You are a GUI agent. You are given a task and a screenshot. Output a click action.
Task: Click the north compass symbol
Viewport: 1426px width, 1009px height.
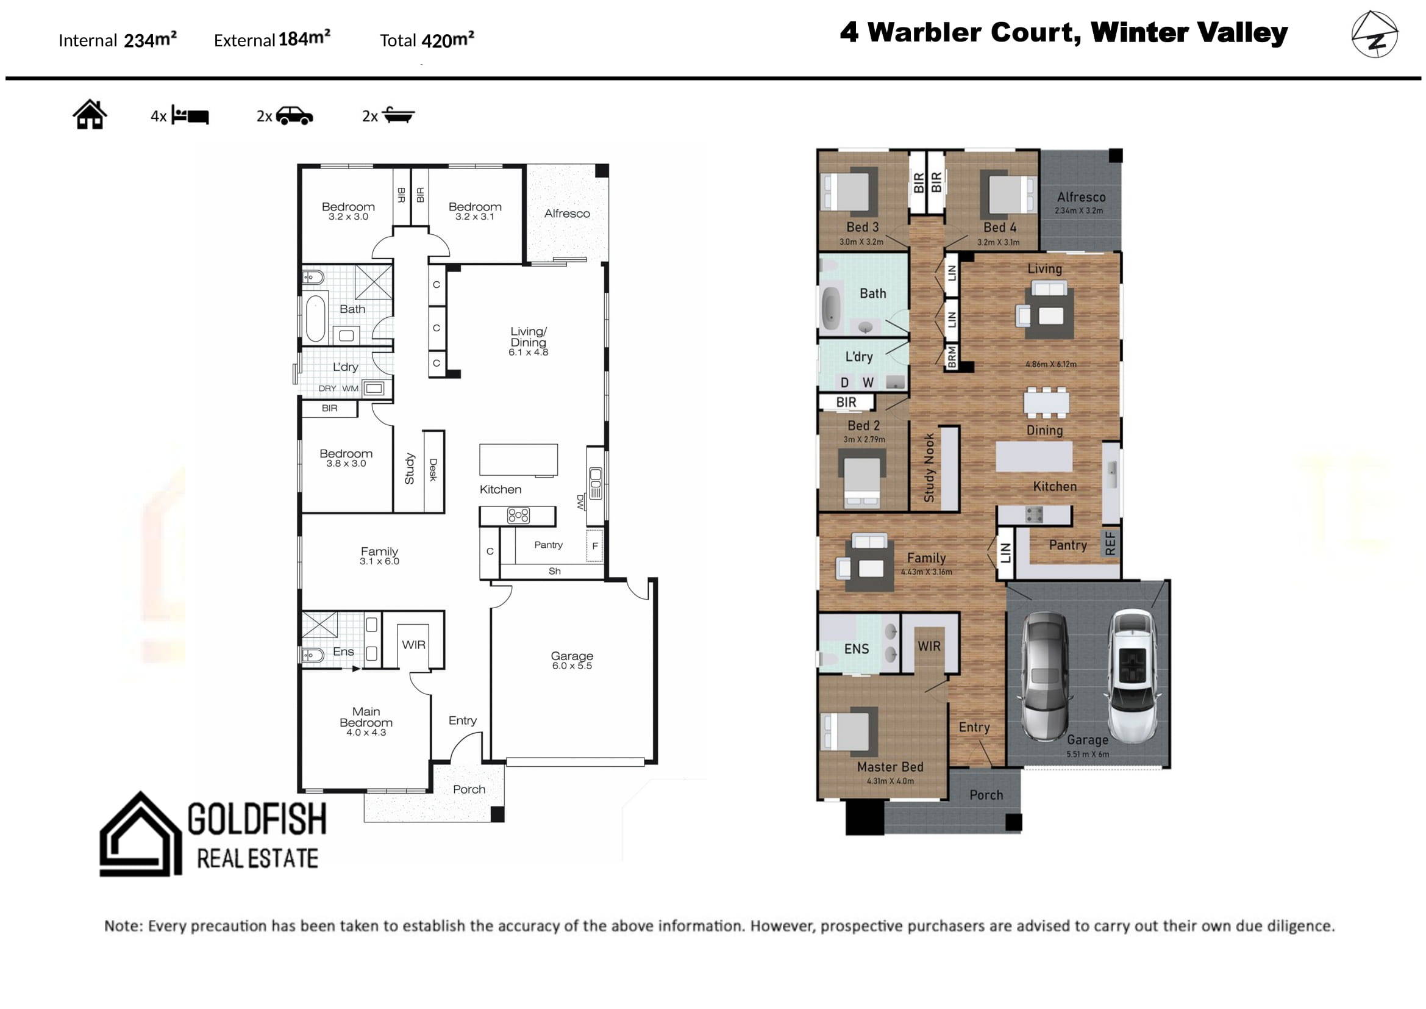pyautogui.click(x=1374, y=35)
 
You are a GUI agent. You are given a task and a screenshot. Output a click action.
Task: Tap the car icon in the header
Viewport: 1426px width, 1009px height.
pyautogui.click(x=294, y=115)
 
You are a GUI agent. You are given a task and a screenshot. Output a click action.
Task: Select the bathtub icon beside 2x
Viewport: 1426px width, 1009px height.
pyautogui.click(x=398, y=115)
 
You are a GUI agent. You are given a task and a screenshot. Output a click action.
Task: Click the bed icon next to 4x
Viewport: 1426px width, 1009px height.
pyautogui.click(x=190, y=115)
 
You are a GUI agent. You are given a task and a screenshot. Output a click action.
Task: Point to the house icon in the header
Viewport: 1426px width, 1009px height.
pyautogui.click(x=90, y=114)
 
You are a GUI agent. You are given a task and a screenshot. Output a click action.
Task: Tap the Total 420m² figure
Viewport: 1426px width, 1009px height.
pyautogui.click(x=427, y=40)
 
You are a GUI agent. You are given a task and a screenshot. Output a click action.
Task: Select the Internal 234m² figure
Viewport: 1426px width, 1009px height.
pyautogui.click(x=118, y=40)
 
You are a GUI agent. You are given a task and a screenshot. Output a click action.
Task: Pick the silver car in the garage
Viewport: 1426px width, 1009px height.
pyautogui.click(x=1046, y=676)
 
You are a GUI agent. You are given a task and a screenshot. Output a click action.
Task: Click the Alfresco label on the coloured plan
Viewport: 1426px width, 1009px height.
pyautogui.click(x=1082, y=197)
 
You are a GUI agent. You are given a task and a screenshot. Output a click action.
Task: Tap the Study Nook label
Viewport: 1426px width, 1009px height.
pyautogui.click(x=929, y=467)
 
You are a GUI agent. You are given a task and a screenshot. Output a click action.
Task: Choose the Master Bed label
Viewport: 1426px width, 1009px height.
pyautogui.click(x=890, y=767)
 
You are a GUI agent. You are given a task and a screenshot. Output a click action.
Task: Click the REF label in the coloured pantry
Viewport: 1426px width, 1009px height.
pyautogui.click(x=1110, y=544)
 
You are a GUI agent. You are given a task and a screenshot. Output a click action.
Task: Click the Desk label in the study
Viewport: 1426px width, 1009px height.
pyautogui.click(x=433, y=470)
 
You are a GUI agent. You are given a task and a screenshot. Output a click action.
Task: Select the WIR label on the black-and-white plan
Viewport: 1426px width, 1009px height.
pyautogui.click(x=413, y=645)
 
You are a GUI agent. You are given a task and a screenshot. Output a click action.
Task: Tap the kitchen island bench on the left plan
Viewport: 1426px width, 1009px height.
pyautogui.click(x=519, y=460)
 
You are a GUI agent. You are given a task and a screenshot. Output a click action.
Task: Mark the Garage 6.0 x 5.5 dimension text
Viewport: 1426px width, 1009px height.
pyautogui.click(x=572, y=666)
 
